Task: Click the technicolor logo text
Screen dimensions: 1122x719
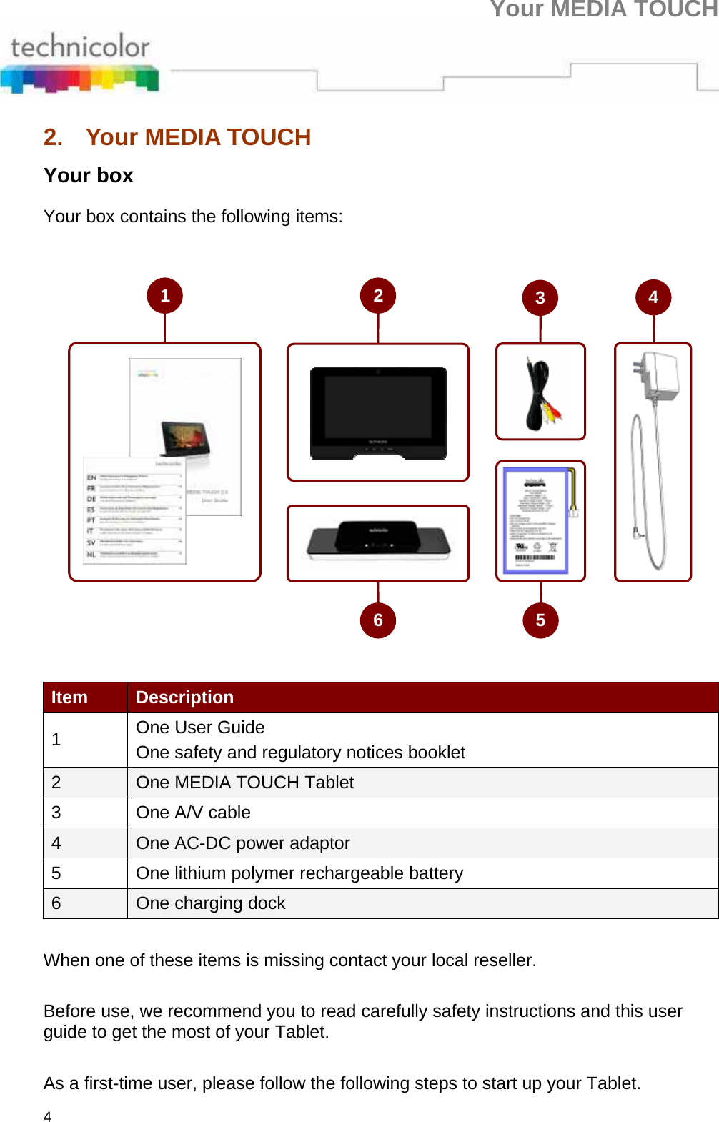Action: [80, 47]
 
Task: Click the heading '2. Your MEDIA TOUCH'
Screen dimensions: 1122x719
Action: [177, 137]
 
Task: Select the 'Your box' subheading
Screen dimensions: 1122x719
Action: [88, 176]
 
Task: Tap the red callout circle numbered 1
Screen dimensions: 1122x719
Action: [165, 296]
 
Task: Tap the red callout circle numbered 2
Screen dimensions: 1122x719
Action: [378, 296]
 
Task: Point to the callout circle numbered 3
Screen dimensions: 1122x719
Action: [540, 298]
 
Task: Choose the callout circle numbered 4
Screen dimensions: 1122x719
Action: [653, 297]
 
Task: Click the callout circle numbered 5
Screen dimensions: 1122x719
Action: [540, 620]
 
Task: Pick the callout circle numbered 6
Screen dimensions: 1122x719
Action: [378, 620]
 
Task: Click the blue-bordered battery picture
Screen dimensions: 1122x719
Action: [536, 520]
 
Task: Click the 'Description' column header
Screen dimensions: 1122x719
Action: [184, 697]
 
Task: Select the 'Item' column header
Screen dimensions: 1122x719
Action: [69, 697]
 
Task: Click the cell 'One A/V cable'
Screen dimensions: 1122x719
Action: [193, 813]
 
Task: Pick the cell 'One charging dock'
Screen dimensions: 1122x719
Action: [210, 903]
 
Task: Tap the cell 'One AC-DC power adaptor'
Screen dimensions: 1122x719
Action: [242, 843]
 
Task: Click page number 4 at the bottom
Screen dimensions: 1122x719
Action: [48, 1116]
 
